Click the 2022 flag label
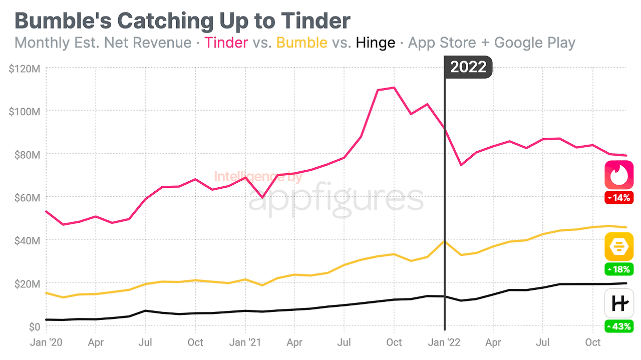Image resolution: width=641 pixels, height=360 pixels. click(x=468, y=68)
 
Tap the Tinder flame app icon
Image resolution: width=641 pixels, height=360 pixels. click(x=619, y=175)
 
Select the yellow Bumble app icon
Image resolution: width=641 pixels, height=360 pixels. click(x=619, y=246)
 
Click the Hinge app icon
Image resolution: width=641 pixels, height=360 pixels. click(x=619, y=303)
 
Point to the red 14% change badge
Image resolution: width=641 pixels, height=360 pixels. click(x=619, y=198)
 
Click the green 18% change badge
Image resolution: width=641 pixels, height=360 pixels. click(x=619, y=269)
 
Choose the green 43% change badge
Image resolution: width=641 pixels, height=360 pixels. click(x=619, y=327)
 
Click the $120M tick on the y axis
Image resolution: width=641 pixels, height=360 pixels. click(x=25, y=68)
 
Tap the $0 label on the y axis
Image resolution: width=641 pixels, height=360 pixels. click(x=34, y=327)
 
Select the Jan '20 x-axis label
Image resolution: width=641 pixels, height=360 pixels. click(x=46, y=343)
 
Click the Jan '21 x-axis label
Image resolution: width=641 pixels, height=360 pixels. click(x=245, y=343)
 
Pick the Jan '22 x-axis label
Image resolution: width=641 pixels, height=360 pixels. click(x=444, y=343)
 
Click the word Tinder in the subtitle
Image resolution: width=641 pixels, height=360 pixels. click(x=226, y=43)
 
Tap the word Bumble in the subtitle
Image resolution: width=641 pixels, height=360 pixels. click(x=301, y=43)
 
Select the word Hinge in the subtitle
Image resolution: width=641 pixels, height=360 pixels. click(x=376, y=43)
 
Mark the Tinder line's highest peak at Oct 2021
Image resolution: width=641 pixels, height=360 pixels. click(x=394, y=88)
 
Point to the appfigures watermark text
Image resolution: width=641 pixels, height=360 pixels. click(x=336, y=199)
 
